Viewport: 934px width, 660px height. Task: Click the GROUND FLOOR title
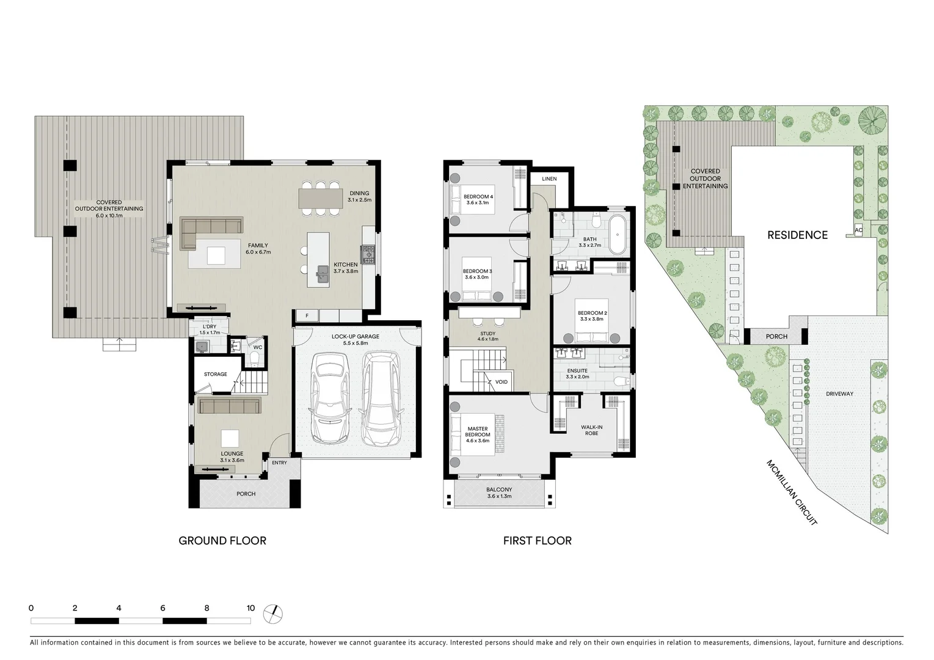click(222, 540)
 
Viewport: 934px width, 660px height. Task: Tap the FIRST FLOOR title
click(538, 540)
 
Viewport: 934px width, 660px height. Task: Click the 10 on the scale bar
click(250, 608)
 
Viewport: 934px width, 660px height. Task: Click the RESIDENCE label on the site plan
click(797, 235)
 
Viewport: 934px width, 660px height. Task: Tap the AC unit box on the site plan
click(858, 230)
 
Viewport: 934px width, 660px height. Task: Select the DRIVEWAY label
click(840, 394)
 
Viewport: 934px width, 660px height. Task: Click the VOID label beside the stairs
click(501, 382)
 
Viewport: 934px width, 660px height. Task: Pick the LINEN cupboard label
click(549, 179)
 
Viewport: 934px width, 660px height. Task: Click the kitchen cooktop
click(368, 254)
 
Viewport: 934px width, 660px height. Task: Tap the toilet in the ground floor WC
click(257, 358)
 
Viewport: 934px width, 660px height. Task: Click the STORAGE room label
click(215, 374)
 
